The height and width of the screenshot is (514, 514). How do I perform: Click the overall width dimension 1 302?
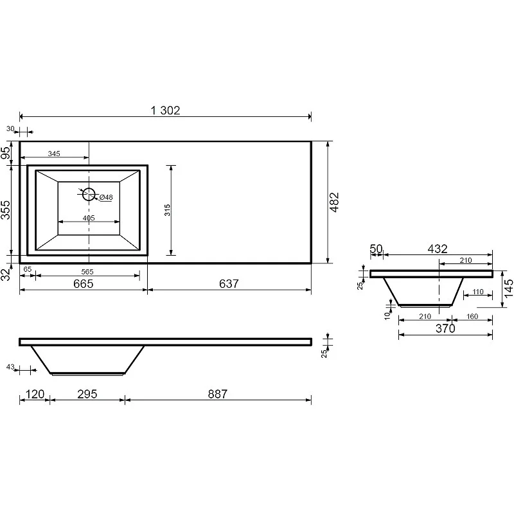click(165, 110)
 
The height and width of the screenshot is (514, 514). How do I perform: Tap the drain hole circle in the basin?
click(89, 194)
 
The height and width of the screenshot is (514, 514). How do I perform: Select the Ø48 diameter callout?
click(105, 197)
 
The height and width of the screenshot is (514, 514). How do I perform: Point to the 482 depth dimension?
click(334, 202)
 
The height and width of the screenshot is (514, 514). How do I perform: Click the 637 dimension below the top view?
click(229, 283)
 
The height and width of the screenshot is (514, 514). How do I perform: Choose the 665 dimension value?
click(84, 283)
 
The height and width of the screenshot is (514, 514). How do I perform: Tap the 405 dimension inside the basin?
click(89, 218)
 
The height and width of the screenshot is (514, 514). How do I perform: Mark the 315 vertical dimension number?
click(168, 210)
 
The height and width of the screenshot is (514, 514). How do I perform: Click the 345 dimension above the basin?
click(54, 154)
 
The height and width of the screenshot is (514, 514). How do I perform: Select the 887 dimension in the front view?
click(218, 394)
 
